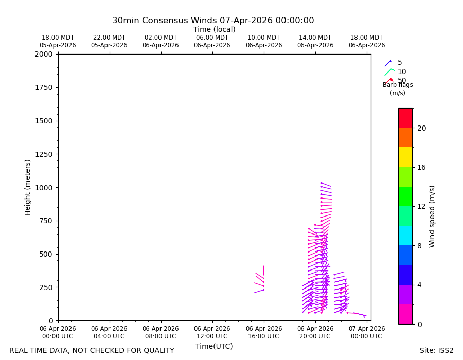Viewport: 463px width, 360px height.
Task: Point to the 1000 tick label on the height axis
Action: pos(44,188)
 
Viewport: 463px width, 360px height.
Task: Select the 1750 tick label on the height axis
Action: pos(44,87)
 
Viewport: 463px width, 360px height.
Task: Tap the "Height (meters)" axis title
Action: pos(27,188)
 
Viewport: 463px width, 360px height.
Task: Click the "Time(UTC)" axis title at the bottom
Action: pos(214,346)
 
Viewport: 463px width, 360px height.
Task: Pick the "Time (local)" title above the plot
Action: pos(215,29)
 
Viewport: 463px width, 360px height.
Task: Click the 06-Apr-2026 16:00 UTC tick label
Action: pos(264,332)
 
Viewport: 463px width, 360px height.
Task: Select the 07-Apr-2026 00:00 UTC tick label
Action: pos(367,332)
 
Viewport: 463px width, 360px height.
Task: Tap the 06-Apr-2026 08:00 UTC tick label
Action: pos(161,332)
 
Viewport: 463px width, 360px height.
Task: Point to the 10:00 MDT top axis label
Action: pos(264,38)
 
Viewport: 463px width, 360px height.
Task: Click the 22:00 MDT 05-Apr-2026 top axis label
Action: pos(110,41)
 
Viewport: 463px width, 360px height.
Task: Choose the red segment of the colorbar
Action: pos(405,118)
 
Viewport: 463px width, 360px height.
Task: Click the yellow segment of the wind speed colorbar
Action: pos(405,157)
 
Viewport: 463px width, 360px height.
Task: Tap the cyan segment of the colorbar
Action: pos(405,236)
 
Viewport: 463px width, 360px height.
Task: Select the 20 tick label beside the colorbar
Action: pos(422,128)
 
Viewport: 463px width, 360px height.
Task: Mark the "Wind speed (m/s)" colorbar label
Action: pos(432,217)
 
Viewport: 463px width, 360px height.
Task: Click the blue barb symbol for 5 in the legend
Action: pos(388,63)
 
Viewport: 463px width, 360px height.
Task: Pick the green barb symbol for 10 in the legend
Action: pos(389,72)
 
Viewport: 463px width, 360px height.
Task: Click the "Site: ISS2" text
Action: pos(436,350)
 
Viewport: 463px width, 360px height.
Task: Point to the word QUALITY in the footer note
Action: pos(158,351)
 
